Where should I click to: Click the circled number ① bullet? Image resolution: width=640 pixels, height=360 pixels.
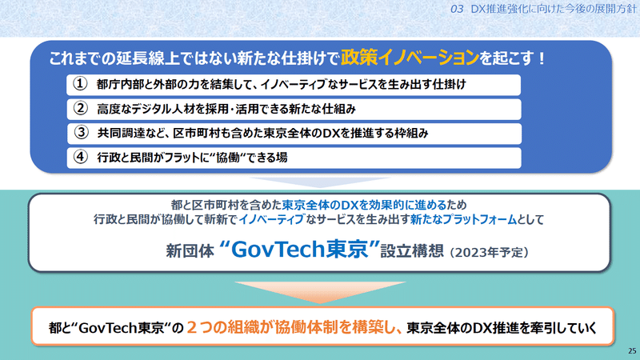point(81,84)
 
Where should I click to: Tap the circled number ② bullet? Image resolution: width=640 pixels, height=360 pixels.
point(81,109)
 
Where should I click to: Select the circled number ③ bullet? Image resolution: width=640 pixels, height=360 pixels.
point(81,133)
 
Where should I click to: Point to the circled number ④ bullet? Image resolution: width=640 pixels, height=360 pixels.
point(81,157)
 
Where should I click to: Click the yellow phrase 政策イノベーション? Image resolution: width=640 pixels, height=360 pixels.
point(410,58)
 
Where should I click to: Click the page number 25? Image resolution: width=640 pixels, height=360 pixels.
point(632,350)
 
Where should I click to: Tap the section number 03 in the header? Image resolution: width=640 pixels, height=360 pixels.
point(457,9)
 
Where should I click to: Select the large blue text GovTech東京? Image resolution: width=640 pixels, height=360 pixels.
point(300,249)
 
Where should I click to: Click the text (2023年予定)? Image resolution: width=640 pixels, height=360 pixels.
point(490,253)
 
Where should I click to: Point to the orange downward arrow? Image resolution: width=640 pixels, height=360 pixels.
point(321,290)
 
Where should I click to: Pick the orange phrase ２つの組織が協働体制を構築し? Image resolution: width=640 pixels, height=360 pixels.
point(294,327)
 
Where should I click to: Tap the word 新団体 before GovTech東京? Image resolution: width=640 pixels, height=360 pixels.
point(190,250)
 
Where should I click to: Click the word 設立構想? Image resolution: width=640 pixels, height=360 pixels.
point(412,250)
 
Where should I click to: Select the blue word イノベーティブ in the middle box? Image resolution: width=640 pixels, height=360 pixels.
point(271,219)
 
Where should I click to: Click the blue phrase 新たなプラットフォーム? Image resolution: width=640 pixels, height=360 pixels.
point(463,219)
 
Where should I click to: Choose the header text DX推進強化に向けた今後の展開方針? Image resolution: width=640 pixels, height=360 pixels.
point(554,9)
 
